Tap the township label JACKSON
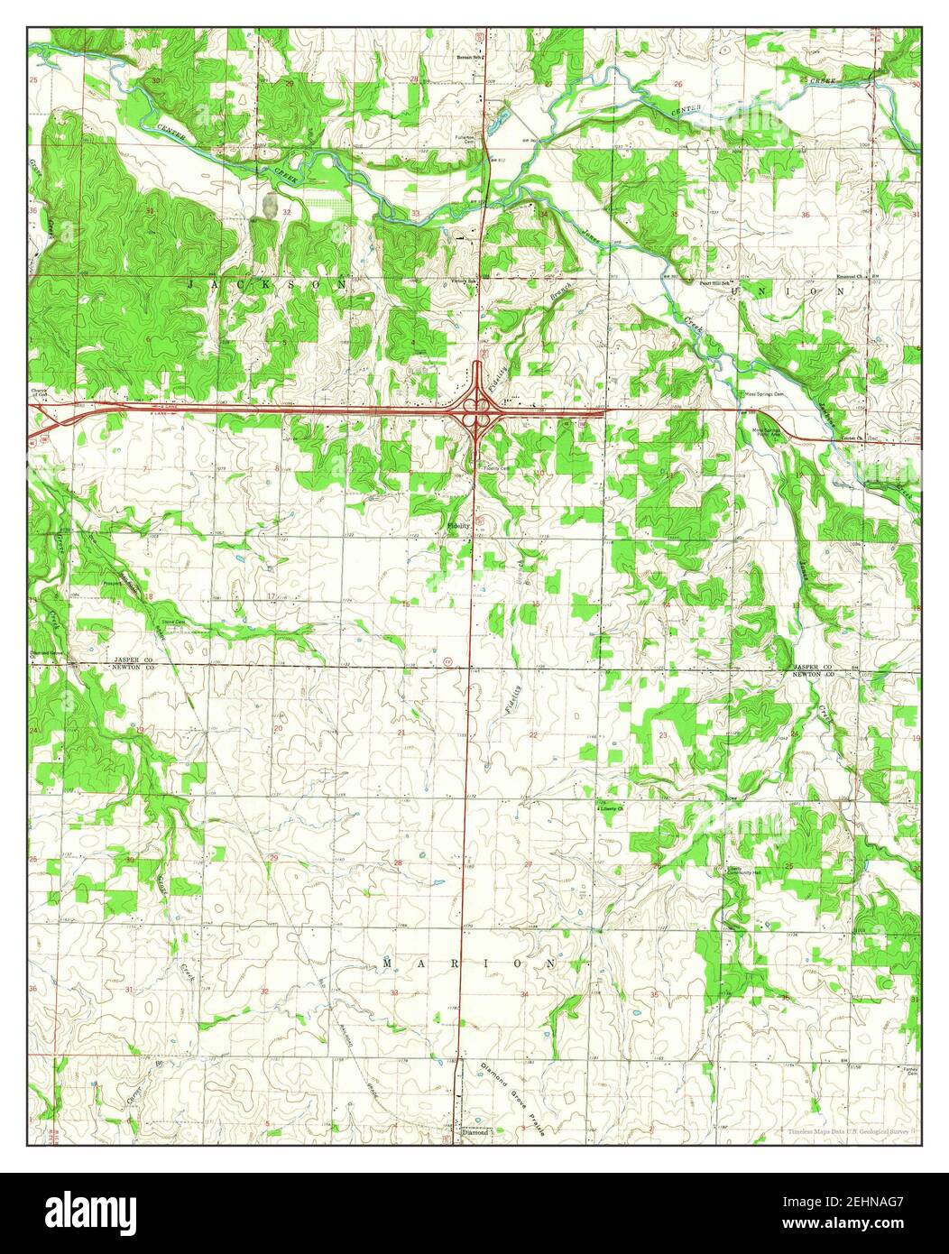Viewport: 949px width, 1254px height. [x=268, y=284]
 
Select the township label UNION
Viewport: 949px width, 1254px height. [x=790, y=291]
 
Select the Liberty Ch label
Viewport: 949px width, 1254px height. [x=613, y=809]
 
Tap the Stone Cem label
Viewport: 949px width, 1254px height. [x=172, y=622]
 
